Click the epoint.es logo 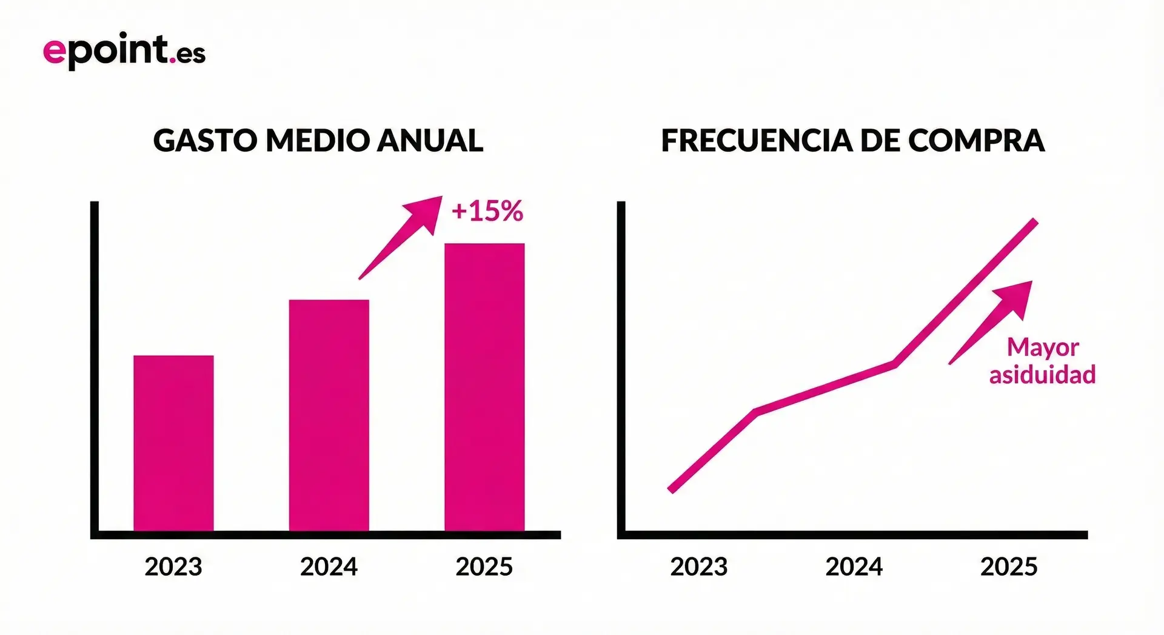[x=124, y=51]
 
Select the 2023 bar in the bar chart [x=173, y=443]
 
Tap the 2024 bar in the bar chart [x=329, y=415]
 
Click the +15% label [x=487, y=211]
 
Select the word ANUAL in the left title [x=430, y=141]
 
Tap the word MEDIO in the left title [x=318, y=141]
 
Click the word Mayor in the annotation [x=1043, y=348]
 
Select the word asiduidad [x=1042, y=375]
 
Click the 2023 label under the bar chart [x=173, y=567]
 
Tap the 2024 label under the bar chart [x=329, y=567]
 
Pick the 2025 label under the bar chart [x=484, y=567]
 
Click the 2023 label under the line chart [x=698, y=567]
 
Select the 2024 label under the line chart [x=854, y=567]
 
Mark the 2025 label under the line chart [x=1009, y=567]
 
